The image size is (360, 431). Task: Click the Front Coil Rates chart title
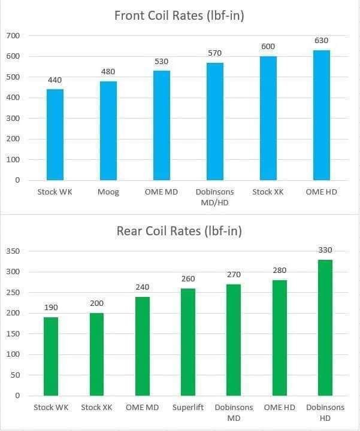point(179,16)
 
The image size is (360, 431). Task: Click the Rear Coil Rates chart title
point(179,232)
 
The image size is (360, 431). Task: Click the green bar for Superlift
point(187,342)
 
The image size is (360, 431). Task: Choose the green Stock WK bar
point(51,356)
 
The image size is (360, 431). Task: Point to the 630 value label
point(321,41)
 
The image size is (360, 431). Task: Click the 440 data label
point(55,80)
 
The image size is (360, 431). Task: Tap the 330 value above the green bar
point(325,250)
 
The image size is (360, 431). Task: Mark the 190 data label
point(51,307)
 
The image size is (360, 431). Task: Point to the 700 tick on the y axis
point(13,36)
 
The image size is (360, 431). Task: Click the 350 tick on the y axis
point(13,251)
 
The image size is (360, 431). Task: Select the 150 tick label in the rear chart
point(13,333)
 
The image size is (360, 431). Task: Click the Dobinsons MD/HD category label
point(214,196)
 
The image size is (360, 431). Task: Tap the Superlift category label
point(187,408)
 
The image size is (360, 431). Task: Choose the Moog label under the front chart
point(108,192)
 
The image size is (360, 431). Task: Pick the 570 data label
point(214,53)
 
